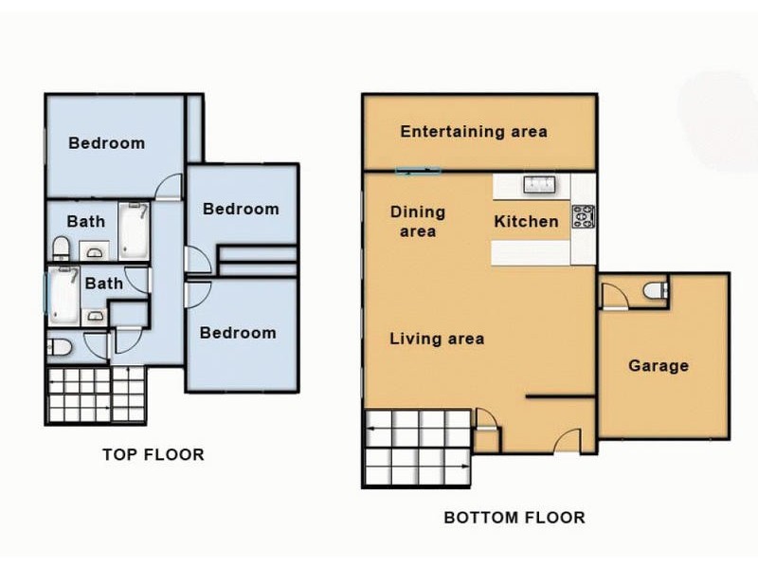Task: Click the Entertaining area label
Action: [474, 132]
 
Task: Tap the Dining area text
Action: [418, 222]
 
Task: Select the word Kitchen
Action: [527, 222]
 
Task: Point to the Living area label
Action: [437, 339]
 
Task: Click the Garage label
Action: [659, 365]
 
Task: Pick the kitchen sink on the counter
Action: [539, 185]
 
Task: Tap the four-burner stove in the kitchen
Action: [582, 218]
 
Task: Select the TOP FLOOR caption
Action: [153, 455]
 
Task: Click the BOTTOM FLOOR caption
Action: [514, 518]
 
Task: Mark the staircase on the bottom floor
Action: [417, 448]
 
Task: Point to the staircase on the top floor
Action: [95, 395]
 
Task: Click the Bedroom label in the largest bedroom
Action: [107, 143]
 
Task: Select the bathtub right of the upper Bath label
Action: [133, 231]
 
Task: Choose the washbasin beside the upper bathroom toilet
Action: [93, 251]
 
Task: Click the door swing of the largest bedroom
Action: [168, 188]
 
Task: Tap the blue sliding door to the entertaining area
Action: [418, 172]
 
